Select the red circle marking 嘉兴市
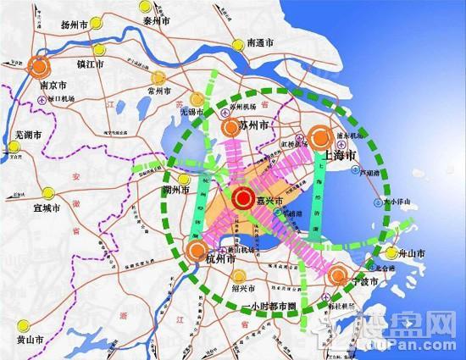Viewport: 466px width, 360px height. pyautogui.click(x=241, y=200)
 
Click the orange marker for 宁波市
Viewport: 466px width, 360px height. pyautogui.click(x=337, y=274)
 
